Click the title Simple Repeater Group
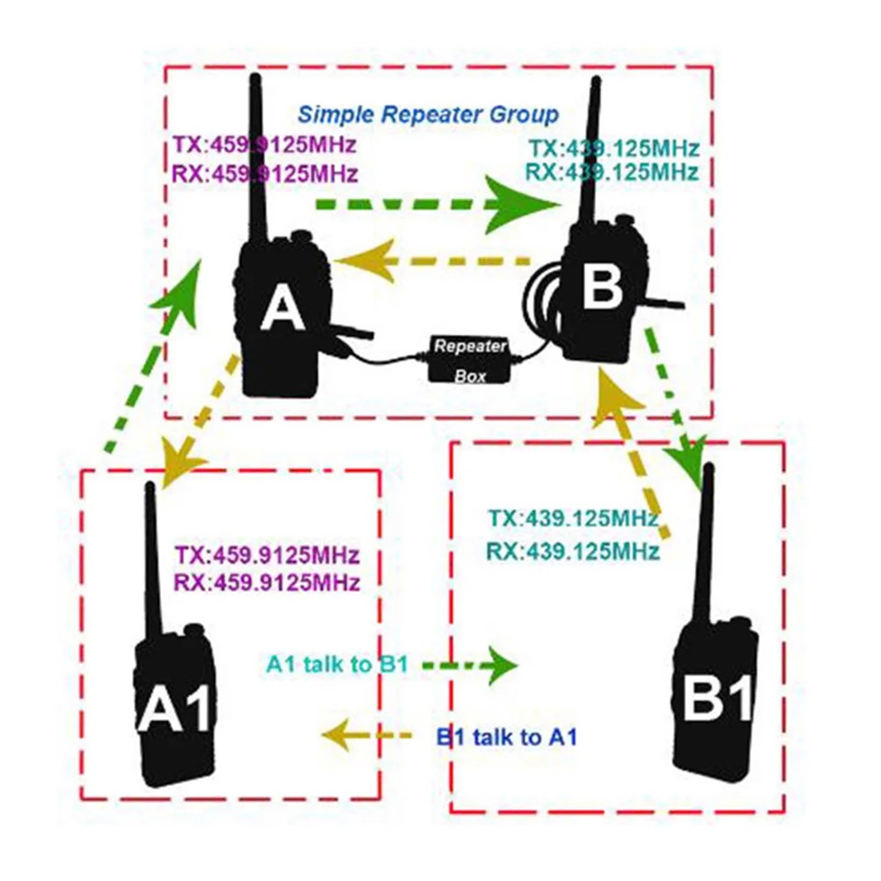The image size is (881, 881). pyautogui.click(x=428, y=114)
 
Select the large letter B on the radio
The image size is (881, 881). pyautogui.click(x=603, y=286)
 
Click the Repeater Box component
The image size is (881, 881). pyautogui.click(x=471, y=359)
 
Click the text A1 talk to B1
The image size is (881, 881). pyautogui.click(x=336, y=664)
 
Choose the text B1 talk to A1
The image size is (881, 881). pyautogui.click(x=507, y=738)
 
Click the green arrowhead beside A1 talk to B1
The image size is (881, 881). pyautogui.click(x=497, y=664)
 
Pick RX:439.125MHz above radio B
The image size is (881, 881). pyautogui.click(x=612, y=171)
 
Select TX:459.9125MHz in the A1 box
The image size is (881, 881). pyautogui.click(x=267, y=556)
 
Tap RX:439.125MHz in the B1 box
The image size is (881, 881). pyautogui.click(x=572, y=552)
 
